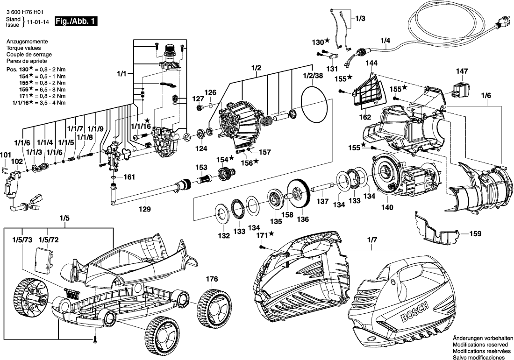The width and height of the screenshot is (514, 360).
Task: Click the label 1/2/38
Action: point(313,75)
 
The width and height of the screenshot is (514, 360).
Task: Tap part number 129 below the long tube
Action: point(146,209)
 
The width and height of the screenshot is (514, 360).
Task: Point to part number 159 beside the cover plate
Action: point(475,232)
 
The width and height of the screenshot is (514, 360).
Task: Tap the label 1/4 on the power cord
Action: point(385,40)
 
